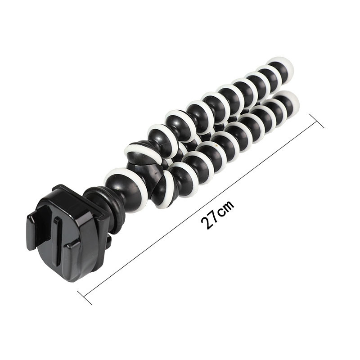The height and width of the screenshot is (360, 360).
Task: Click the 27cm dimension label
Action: click(x=217, y=215)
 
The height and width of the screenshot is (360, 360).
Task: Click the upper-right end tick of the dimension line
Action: click(x=317, y=121)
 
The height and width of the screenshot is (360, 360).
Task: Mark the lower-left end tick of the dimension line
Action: click(x=85, y=298)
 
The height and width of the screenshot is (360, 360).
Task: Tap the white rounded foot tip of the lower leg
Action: click(x=290, y=101)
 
